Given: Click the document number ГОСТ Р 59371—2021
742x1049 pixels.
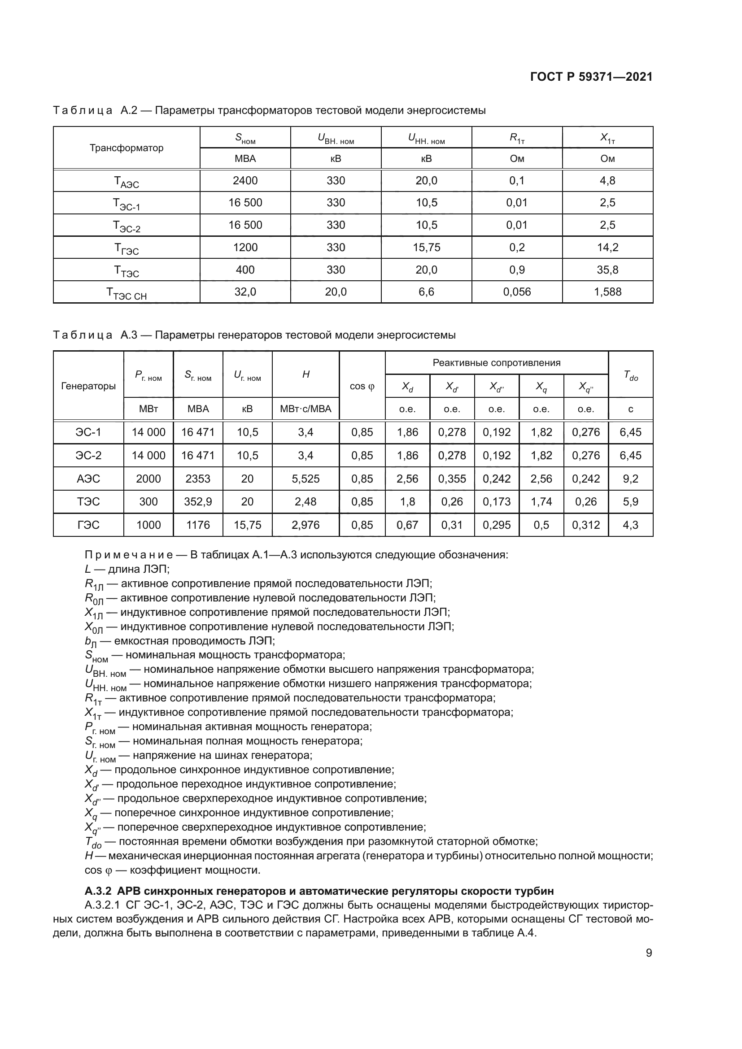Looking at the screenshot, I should click(x=591, y=77).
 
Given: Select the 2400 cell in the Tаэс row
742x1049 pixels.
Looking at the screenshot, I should click(x=245, y=181).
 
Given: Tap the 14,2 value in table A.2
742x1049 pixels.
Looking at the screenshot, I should click(x=607, y=248).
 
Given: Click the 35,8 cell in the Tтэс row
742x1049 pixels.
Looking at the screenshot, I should click(x=607, y=270).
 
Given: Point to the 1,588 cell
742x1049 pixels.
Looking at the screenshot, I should click(x=607, y=292).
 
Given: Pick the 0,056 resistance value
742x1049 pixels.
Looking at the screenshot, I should click(x=517, y=292).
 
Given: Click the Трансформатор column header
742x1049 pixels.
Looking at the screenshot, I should click(x=126, y=148).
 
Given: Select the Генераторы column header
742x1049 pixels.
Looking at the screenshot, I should click(x=88, y=386).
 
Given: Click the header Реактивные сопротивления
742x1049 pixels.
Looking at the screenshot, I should click(x=496, y=363).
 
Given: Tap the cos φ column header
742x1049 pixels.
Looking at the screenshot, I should click(x=362, y=387).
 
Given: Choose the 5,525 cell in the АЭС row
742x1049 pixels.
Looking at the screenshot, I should click(x=305, y=479).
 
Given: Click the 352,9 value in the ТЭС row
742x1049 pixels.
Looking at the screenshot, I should click(x=198, y=502).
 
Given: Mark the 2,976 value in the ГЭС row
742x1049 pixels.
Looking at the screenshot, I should click(x=305, y=525).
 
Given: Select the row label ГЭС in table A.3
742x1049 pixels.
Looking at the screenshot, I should click(x=88, y=525).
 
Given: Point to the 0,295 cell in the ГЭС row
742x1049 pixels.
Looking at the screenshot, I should click(x=496, y=525).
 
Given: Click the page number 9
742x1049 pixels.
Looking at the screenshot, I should click(x=649, y=953).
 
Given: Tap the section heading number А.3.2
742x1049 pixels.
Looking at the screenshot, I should click(x=99, y=892).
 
